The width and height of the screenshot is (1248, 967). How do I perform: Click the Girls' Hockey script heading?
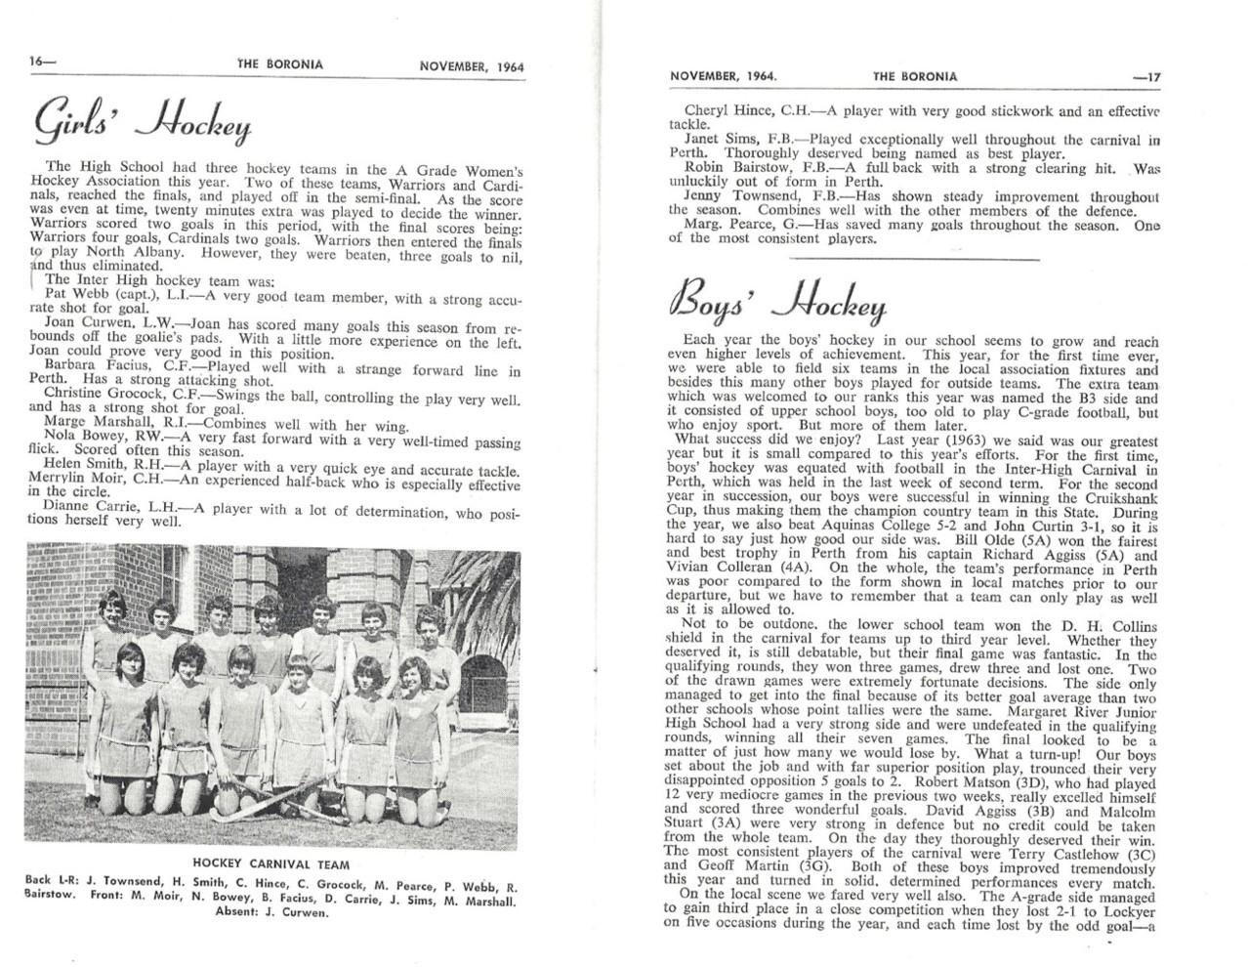(144, 121)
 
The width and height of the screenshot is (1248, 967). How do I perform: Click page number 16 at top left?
(41, 63)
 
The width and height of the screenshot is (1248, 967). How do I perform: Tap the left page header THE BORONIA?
(281, 65)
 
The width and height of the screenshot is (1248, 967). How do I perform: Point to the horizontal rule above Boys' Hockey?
(914, 259)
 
